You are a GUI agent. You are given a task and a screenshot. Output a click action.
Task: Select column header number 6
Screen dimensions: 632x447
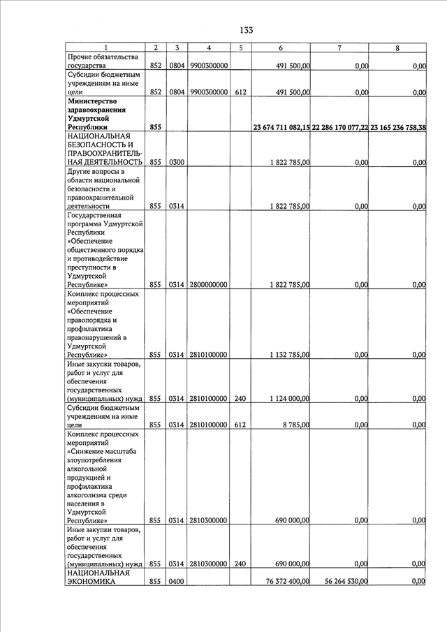tap(280, 47)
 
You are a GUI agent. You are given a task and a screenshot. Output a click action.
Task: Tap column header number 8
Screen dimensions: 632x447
tap(397, 47)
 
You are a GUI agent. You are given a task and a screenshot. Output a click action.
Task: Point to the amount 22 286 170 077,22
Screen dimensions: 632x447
tap(339, 127)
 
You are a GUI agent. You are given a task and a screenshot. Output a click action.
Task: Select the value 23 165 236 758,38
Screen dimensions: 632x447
tap(397, 127)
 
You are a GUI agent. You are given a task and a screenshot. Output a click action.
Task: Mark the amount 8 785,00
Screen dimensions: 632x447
tap(295, 425)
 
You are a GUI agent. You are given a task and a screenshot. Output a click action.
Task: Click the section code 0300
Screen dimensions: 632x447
tap(177, 162)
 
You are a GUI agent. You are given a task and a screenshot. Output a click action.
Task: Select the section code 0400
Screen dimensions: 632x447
tap(177, 581)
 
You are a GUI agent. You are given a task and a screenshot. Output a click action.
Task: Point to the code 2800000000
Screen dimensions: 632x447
tap(208, 285)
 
